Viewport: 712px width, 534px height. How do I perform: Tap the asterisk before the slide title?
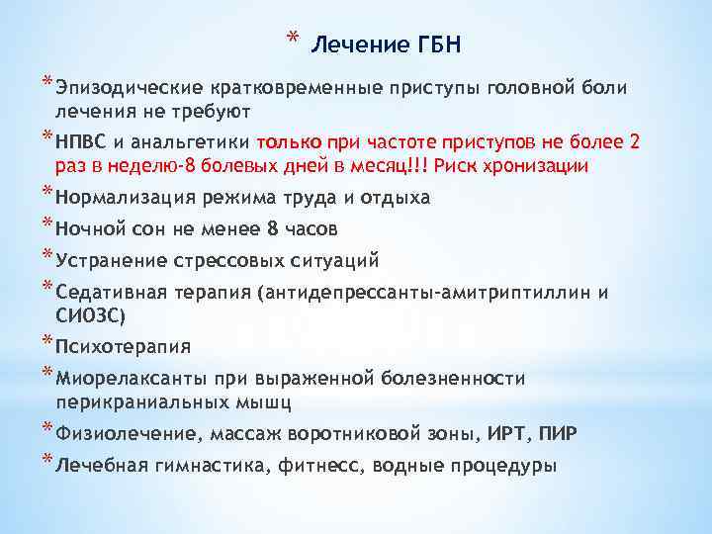[x=292, y=39]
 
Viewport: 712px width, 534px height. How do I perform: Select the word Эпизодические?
[x=122, y=88]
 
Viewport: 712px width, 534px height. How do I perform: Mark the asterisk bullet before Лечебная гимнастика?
[x=48, y=461]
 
